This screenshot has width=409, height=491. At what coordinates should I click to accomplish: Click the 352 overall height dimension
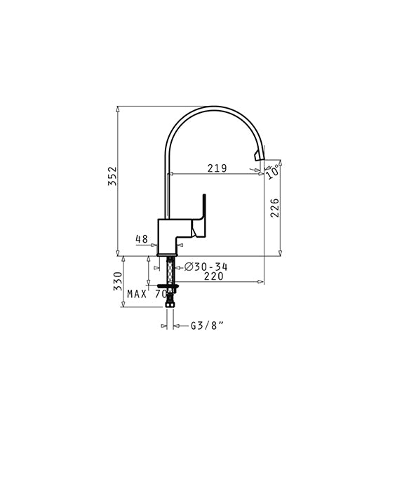[x=112, y=176]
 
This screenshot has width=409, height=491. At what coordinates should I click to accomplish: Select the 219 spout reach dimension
[x=217, y=168]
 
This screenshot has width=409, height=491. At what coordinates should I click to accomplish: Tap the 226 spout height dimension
[x=274, y=208]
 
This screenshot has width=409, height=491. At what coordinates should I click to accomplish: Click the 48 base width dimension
[x=142, y=239]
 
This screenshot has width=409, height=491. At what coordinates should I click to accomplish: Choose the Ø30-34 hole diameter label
[x=206, y=267]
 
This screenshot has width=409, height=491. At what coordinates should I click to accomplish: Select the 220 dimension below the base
[x=214, y=276]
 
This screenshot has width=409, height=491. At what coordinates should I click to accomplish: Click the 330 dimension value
[x=118, y=281]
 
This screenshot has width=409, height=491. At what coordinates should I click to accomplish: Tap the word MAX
[x=137, y=294]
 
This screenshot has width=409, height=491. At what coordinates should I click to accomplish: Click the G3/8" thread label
[x=208, y=325]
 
